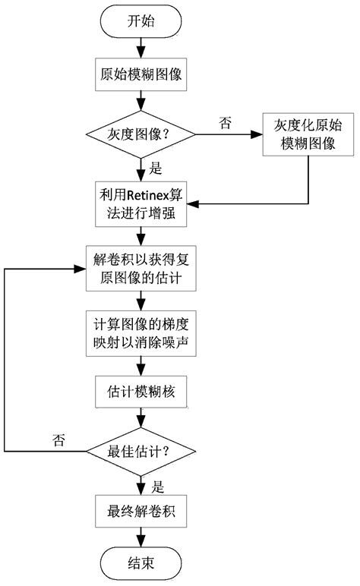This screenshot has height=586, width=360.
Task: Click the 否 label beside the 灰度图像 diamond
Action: [226, 122]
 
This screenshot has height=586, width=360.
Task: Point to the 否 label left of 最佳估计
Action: [58, 439]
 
